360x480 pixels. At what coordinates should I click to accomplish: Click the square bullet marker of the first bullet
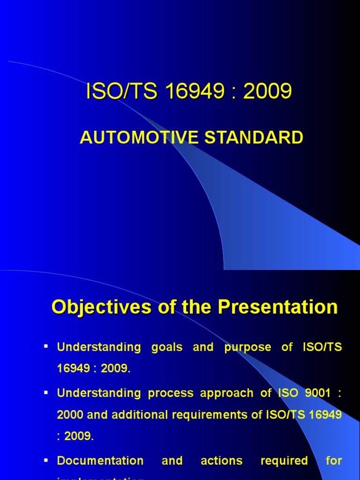pos(46,346)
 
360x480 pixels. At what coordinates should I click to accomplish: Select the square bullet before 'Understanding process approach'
pos(46,392)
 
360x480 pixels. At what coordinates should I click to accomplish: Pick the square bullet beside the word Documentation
pos(46,460)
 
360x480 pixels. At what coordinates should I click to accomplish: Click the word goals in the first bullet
pos(166,347)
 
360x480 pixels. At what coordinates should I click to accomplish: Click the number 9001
pos(313,393)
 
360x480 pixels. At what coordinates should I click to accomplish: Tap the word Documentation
pos(100,461)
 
